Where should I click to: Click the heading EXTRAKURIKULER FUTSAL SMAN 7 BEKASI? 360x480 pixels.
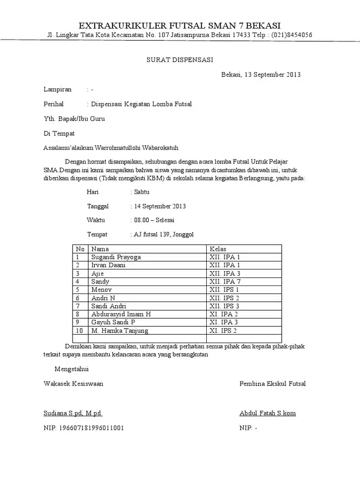(x=180, y=25)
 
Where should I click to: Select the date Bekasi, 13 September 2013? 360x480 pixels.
(x=261, y=75)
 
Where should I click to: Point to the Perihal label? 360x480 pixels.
(x=54, y=104)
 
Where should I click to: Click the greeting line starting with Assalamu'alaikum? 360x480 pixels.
(x=111, y=147)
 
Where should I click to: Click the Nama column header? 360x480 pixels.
(x=100, y=249)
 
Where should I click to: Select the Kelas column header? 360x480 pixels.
(x=218, y=249)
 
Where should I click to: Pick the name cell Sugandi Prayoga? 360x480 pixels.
(x=116, y=257)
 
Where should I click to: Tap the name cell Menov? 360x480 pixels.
(x=100, y=290)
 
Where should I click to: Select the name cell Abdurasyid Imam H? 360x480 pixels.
(x=121, y=314)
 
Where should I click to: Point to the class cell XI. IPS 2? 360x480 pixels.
(x=223, y=330)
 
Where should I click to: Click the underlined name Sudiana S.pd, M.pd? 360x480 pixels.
(x=73, y=413)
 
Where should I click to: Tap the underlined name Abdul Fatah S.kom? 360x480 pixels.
(x=267, y=413)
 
